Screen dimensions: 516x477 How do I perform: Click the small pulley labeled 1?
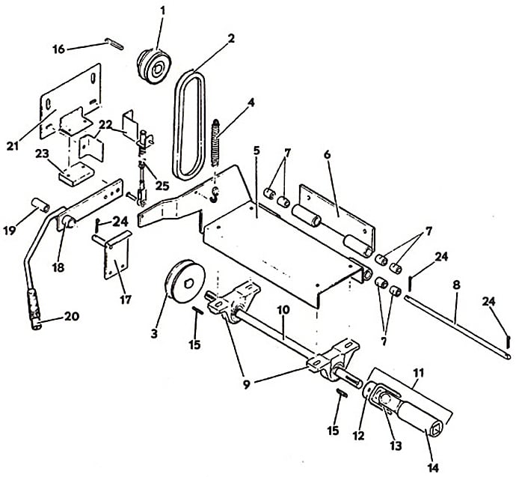tap(154, 67)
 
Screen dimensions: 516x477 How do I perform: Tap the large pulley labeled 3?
tap(185, 282)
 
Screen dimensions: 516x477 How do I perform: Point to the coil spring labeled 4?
tap(215, 142)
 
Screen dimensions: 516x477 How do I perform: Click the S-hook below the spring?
tap(215, 195)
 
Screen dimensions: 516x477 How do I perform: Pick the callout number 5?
tap(257, 151)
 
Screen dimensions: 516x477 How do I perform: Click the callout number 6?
tap(327, 154)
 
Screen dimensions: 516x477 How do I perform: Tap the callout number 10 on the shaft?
tap(283, 310)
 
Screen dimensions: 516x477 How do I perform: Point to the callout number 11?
tap(418, 373)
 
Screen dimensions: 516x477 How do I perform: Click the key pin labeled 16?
tap(114, 44)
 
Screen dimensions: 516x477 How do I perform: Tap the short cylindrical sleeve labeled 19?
tap(40, 205)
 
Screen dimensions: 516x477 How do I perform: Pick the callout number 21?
tap(13, 145)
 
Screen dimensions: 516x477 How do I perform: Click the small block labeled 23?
tap(76, 174)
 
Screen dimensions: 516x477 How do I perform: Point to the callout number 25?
tap(162, 186)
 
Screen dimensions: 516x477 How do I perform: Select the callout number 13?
tap(396, 446)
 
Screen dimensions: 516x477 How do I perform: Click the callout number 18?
tap(58, 267)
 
